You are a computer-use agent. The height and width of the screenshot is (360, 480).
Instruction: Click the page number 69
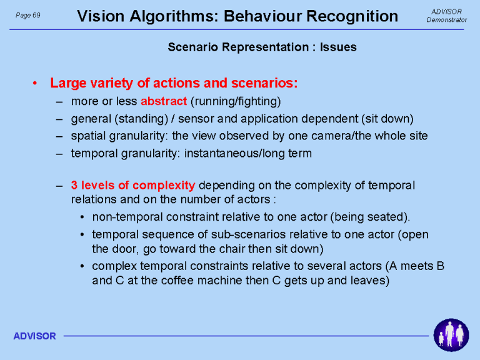[x=36, y=15]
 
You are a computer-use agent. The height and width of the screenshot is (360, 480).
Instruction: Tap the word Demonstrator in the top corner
[x=447, y=20]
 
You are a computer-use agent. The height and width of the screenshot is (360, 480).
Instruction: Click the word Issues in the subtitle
[x=338, y=47]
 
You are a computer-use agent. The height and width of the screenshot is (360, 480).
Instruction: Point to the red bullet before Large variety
[x=35, y=83]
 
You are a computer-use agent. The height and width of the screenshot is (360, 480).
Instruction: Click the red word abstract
[x=164, y=101]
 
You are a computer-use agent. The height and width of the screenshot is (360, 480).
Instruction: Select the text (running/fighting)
[x=236, y=101]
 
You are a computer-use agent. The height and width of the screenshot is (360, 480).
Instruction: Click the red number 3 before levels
[x=74, y=185]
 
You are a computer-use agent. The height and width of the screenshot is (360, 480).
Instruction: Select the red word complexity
[x=164, y=186]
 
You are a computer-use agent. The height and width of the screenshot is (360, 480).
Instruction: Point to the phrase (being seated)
[x=370, y=217]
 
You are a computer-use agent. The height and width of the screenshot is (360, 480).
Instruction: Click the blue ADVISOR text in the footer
[x=34, y=336]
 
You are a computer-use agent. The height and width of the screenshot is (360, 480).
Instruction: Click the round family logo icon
[x=451, y=335]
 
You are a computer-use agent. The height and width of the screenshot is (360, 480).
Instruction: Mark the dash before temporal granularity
[x=59, y=153]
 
